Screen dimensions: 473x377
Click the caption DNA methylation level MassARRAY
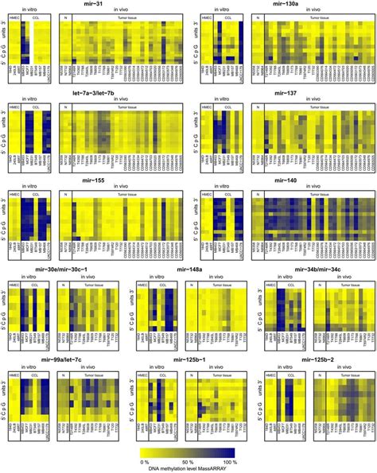click(x=188, y=467)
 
